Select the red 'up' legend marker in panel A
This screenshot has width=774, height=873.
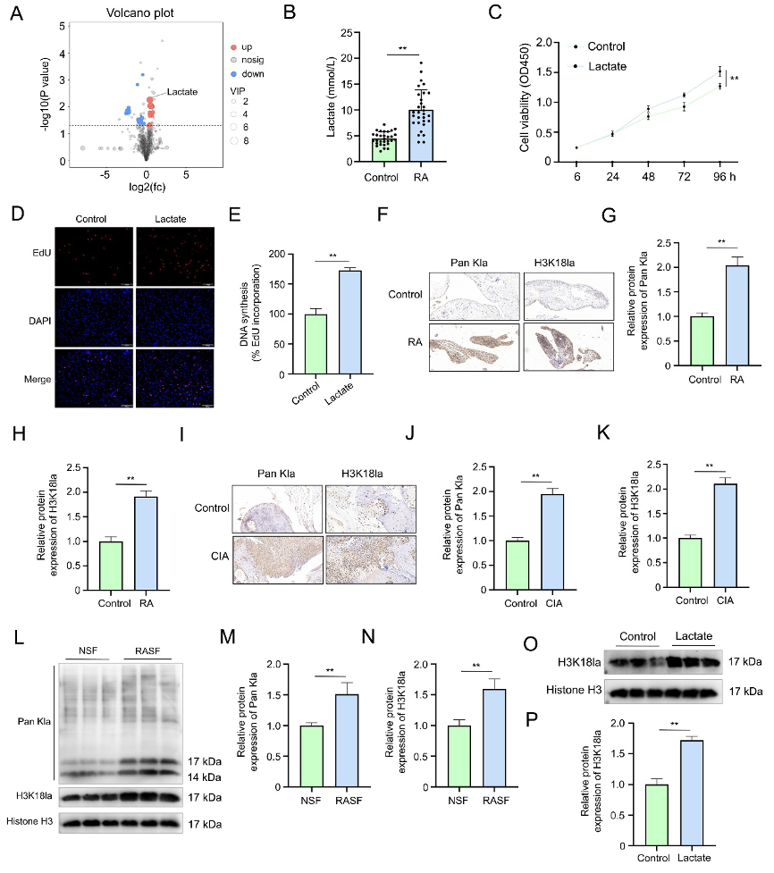click(233, 46)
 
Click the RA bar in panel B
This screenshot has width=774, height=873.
click(421, 134)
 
